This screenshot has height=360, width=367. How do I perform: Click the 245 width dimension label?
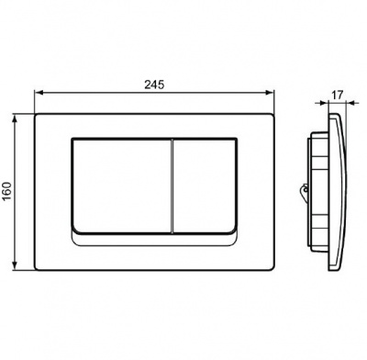[x=154, y=84]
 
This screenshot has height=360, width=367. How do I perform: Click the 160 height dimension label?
[x=7, y=191]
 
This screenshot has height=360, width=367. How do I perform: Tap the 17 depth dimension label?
[x=337, y=95]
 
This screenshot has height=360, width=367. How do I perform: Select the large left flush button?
[x=122, y=186]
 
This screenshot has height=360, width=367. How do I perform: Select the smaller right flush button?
[x=206, y=186]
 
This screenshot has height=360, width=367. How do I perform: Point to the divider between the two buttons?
[x=172, y=186]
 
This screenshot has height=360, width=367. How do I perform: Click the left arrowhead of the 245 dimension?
[x=39, y=93]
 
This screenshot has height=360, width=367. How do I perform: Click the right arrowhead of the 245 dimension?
[x=270, y=93]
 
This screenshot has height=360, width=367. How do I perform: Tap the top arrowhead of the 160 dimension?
[x=15, y=118]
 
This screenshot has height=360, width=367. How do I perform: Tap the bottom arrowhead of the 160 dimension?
[x=15, y=265]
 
